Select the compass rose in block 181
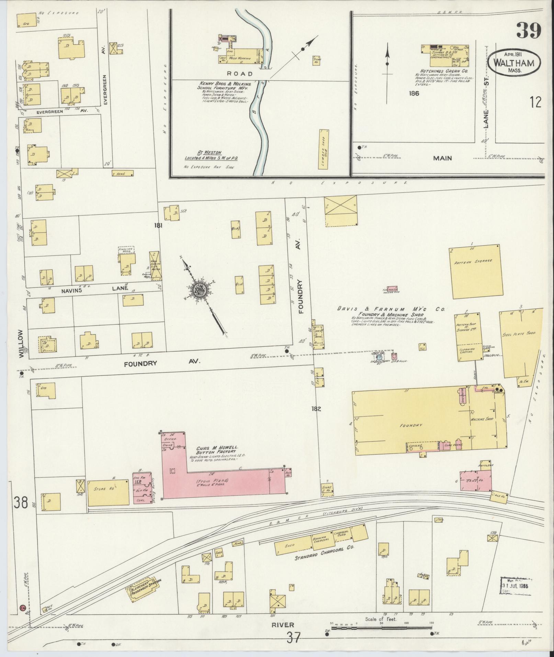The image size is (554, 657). click(x=198, y=288)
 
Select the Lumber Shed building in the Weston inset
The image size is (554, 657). click(x=324, y=148)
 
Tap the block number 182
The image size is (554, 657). click(x=316, y=409)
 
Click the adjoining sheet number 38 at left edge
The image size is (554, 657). click(x=21, y=503)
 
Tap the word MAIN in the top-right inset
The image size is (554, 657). click(x=442, y=158)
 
